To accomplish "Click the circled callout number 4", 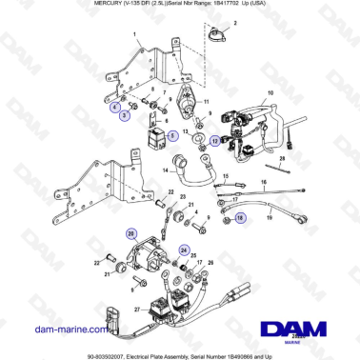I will pos(115,108).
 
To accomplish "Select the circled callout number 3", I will pos(125,113).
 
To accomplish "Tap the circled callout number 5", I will pos(172,136).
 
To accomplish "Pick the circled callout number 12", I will pos(216,141).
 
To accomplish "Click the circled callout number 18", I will pos(239,218).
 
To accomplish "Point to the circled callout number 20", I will pos(131,232).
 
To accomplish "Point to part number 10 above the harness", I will pos(270,92).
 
